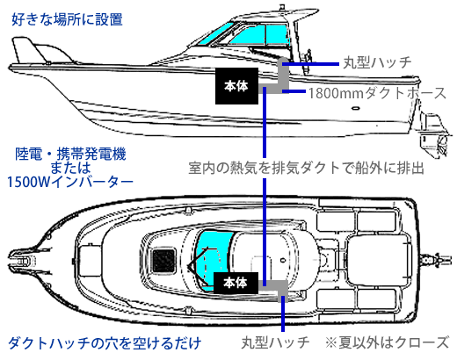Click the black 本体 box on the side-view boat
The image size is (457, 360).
pyautogui.click(x=236, y=86)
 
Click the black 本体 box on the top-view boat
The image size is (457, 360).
pyautogui.click(x=236, y=283)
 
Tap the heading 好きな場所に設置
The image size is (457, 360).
pyautogui.click(x=67, y=19)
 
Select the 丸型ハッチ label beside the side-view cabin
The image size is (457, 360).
pyautogui.click(x=377, y=62)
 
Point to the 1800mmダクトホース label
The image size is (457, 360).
pyautogui.click(x=377, y=93)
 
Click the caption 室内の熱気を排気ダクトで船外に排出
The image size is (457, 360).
pyautogui.click(x=306, y=168)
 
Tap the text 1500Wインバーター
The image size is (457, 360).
pyautogui.click(x=69, y=182)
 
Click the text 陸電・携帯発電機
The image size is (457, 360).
pyautogui.click(x=70, y=154)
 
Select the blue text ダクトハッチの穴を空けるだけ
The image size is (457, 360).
pyautogui.click(x=105, y=343)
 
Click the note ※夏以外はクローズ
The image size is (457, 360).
pyautogui.click(x=387, y=342)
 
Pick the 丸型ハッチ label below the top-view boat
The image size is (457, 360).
pyautogui.click(x=275, y=342)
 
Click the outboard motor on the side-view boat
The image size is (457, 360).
pyautogui.click(x=433, y=133)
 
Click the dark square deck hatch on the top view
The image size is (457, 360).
pyautogui.click(x=164, y=261)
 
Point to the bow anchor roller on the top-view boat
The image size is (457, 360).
pyautogui.click(x=22, y=261)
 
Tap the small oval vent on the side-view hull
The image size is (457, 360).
pyautogui.click(x=356, y=108)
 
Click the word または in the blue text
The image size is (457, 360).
pyautogui.click(x=70, y=168)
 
